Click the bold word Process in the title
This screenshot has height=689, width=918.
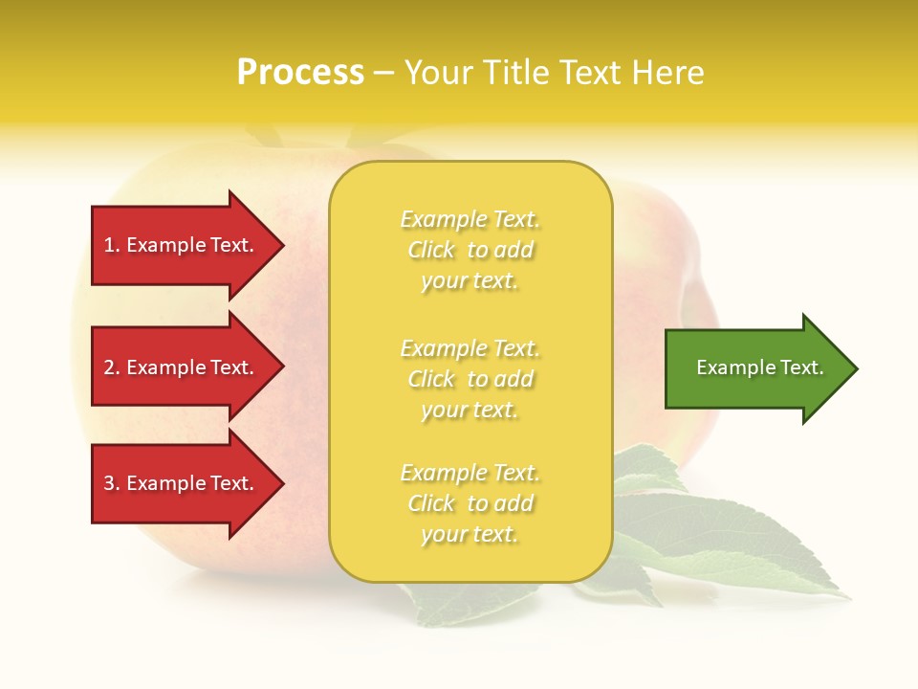coord(300,73)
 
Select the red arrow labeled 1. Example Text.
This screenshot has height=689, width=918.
coord(182,245)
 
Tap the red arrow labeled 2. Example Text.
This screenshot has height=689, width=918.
coord(182,367)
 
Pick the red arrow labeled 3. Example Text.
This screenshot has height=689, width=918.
coord(182,483)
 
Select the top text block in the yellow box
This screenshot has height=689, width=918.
coord(470,250)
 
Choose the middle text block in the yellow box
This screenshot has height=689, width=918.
coord(470,379)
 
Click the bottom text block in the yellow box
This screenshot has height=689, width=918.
coord(470,503)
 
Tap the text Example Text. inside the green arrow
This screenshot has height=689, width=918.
coord(759,367)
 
